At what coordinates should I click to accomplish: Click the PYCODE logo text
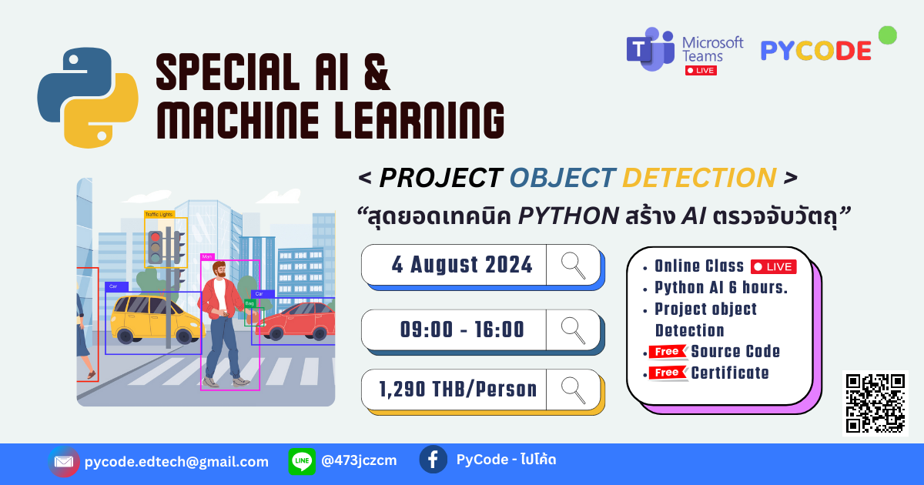tap(816, 51)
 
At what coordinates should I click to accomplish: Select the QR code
tap(875, 403)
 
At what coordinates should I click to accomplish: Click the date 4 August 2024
tap(462, 265)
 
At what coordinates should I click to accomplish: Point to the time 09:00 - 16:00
tap(462, 329)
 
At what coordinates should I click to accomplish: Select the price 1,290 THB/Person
tap(457, 389)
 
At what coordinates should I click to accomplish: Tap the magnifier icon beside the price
tap(574, 389)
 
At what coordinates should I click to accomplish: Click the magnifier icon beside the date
tap(574, 265)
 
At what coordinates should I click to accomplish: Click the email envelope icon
tap(64, 462)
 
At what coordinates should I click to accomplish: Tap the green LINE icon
tap(302, 461)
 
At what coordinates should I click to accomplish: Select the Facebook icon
tap(433, 460)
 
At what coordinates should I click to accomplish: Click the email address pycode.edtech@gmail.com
tap(176, 462)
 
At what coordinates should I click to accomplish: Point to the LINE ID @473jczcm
tap(359, 461)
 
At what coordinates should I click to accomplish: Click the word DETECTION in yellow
tap(698, 178)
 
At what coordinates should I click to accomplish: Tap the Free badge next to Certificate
tap(668, 373)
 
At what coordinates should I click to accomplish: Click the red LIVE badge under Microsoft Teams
tap(701, 70)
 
